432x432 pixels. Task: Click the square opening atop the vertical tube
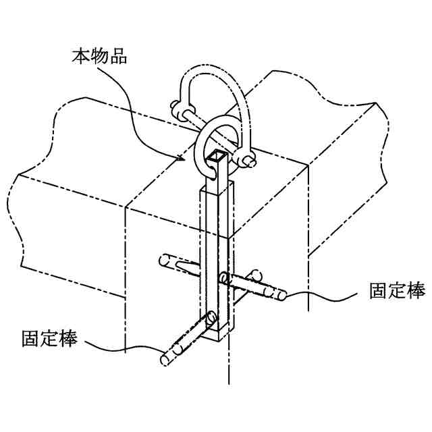217,159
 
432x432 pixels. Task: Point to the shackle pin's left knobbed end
178,108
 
